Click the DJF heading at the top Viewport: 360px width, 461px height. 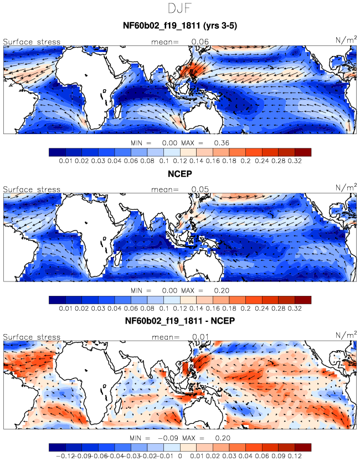click(180, 8)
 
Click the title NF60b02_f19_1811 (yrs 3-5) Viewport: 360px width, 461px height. click(180, 25)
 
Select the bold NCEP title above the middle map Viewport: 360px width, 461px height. click(180, 174)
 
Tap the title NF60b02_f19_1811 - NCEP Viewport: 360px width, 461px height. click(180, 320)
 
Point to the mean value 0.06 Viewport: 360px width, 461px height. click(200, 42)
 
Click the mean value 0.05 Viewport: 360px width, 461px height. click(200, 189)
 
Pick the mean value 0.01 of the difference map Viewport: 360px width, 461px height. click(200, 337)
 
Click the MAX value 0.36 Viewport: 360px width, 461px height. click(222, 143)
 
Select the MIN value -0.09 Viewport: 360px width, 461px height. click(168, 438)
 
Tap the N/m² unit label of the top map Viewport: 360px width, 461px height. click(346, 39)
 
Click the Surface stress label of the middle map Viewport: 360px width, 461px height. click(32, 189)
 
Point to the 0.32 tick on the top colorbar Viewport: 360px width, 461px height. click(295, 161)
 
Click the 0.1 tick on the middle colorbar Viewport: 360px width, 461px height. click(164, 309)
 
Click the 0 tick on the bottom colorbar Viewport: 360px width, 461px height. click(180, 456)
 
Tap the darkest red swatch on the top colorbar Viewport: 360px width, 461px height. click(303, 152)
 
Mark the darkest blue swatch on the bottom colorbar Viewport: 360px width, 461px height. click(57, 448)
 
